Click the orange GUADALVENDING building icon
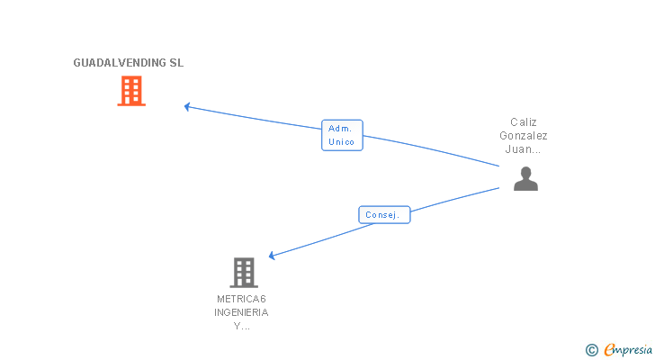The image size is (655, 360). [x=131, y=90]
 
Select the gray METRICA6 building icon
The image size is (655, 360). [x=243, y=272]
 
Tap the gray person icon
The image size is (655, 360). [x=525, y=179]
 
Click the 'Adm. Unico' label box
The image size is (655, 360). [x=342, y=135]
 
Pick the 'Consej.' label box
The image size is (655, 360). [x=384, y=215]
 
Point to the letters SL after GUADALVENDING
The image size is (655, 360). [x=176, y=63]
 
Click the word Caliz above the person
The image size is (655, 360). [x=524, y=121]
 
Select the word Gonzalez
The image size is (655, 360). [x=524, y=136]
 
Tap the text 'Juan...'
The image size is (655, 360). [x=524, y=150]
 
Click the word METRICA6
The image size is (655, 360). [x=241, y=298]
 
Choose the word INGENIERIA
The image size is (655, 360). [x=241, y=312]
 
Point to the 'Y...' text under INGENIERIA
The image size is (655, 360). [x=241, y=327]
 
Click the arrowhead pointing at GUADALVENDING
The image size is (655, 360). [x=187, y=106]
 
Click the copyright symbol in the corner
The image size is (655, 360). [x=592, y=350]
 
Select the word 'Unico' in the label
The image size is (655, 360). [x=342, y=142]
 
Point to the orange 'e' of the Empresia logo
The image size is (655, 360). [x=609, y=350]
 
